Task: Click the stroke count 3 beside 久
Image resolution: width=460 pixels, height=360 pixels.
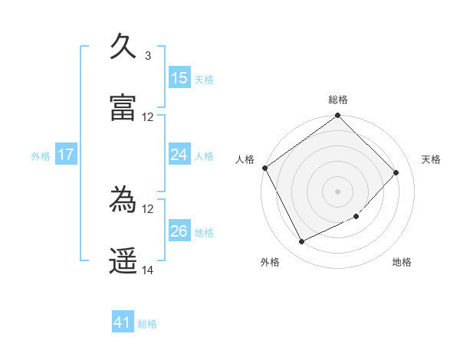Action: [x=147, y=55]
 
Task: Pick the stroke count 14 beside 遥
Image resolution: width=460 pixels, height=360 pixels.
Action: [x=148, y=270]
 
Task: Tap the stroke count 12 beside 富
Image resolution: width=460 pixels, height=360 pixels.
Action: [x=148, y=117]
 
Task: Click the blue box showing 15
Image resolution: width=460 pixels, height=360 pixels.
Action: [x=179, y=78]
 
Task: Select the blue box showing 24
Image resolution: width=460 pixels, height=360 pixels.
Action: [x=179, y=155]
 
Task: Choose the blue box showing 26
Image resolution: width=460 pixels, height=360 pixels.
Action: [x=179, y=231]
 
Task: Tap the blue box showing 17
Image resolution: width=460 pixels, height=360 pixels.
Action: [x=66, y=155]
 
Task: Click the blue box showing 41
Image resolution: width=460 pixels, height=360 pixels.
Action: [x=123, y=323]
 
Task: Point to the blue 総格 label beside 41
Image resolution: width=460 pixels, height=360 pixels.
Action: [x=147, y=324]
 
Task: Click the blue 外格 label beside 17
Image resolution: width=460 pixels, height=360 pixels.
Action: [x=41, y=156]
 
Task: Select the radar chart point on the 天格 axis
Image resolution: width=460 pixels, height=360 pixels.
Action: [x=396, y=172]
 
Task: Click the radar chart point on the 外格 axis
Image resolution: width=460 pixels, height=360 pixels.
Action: [x=301, y=242]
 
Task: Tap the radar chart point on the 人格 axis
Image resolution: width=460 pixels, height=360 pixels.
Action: [x=264, y=168]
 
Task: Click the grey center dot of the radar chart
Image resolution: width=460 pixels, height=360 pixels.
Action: [x=337, y=191]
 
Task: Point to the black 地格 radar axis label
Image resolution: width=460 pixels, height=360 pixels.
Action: [x=402, y=263]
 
